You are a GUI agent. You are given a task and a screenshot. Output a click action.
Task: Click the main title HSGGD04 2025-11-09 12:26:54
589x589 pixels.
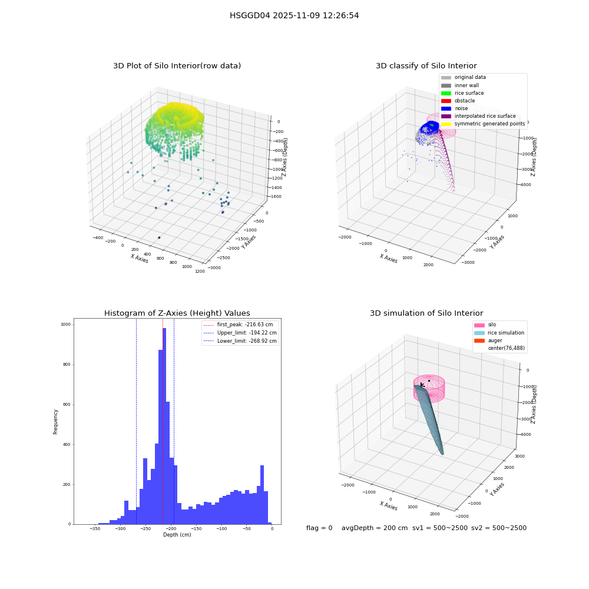tap(294, 15)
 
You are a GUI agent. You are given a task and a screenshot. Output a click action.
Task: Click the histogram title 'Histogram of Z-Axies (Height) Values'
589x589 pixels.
tap(177, 313)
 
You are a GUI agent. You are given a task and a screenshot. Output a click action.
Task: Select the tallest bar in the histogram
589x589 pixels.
tap(164, 426)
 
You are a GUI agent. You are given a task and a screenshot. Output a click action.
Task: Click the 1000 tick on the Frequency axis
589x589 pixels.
tap(66, 325)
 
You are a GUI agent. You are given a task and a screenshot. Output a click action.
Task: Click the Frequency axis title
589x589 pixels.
tap(55, 422)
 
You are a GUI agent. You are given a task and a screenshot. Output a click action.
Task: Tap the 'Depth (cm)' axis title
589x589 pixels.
tap(177, 535)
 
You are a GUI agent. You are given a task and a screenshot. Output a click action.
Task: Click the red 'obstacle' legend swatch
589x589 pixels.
tap(446, 101)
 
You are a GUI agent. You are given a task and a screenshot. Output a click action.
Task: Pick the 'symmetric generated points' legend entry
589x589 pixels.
tap(483, 124)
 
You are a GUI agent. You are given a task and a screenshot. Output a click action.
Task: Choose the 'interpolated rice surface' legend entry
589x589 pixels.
tap(478, 116)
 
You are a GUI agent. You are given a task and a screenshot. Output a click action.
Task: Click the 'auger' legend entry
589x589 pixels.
tap(488, 340)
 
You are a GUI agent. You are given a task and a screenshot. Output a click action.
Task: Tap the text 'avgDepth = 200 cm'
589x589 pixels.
tap(375, 528)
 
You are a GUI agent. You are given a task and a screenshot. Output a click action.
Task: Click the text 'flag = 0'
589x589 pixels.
tap(319, 528)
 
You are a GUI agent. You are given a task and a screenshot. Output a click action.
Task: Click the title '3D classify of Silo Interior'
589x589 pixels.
tap(426, 66)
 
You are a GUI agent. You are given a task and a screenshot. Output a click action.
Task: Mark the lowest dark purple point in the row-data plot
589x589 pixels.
tap(159, 237)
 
